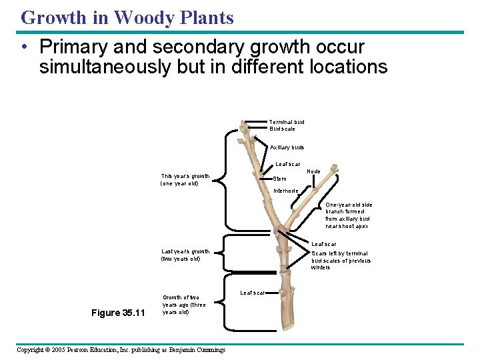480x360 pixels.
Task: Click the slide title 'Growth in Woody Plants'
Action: tap(127, 17)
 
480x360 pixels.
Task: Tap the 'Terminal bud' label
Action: tap(287, 122)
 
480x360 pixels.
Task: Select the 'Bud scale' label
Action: tap(282, 129)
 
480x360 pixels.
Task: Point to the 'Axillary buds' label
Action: tap(287, 147)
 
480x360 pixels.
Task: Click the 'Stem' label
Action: tap(280, 179)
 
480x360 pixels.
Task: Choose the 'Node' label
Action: tap(313, 171)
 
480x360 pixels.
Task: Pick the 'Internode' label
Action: tap(286, 191)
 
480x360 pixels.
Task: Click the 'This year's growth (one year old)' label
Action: tap(185, 180)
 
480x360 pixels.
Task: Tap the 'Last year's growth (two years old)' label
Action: tap(185, 255)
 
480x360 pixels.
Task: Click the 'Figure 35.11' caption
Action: tap(117, 312)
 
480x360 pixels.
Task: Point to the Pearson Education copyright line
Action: tap(121, 350)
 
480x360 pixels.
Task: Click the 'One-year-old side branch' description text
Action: tap(348, 215)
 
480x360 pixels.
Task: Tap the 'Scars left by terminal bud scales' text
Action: tap(341, 260)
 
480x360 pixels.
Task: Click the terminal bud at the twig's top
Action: tap(244, 128)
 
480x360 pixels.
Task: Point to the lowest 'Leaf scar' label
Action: tap(252, 293)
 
